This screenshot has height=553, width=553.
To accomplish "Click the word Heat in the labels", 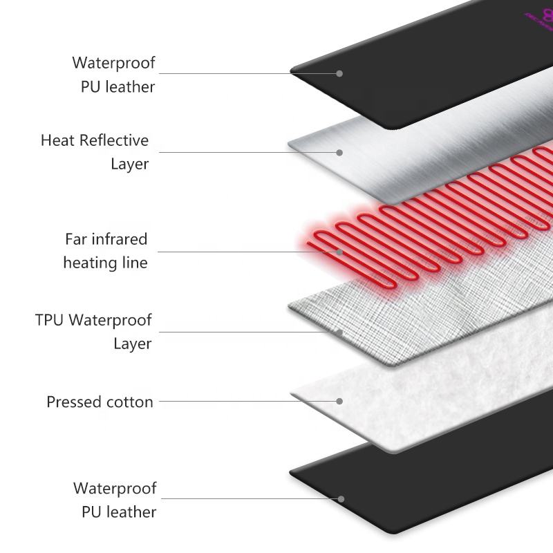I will [57, 140].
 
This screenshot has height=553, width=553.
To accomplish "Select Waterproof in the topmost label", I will [114, 63].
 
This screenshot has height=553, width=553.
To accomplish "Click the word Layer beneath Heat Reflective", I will [130, 165].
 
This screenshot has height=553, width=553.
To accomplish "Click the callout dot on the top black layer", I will [340, 73].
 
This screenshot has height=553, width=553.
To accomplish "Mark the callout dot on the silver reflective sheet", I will [340, 152].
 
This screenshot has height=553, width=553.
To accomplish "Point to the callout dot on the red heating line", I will [340, 252].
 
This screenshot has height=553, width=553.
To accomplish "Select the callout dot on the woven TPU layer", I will [340, 332].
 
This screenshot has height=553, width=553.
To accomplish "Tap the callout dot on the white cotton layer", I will [340, 400].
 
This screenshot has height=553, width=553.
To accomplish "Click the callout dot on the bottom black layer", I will [340, 498].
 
